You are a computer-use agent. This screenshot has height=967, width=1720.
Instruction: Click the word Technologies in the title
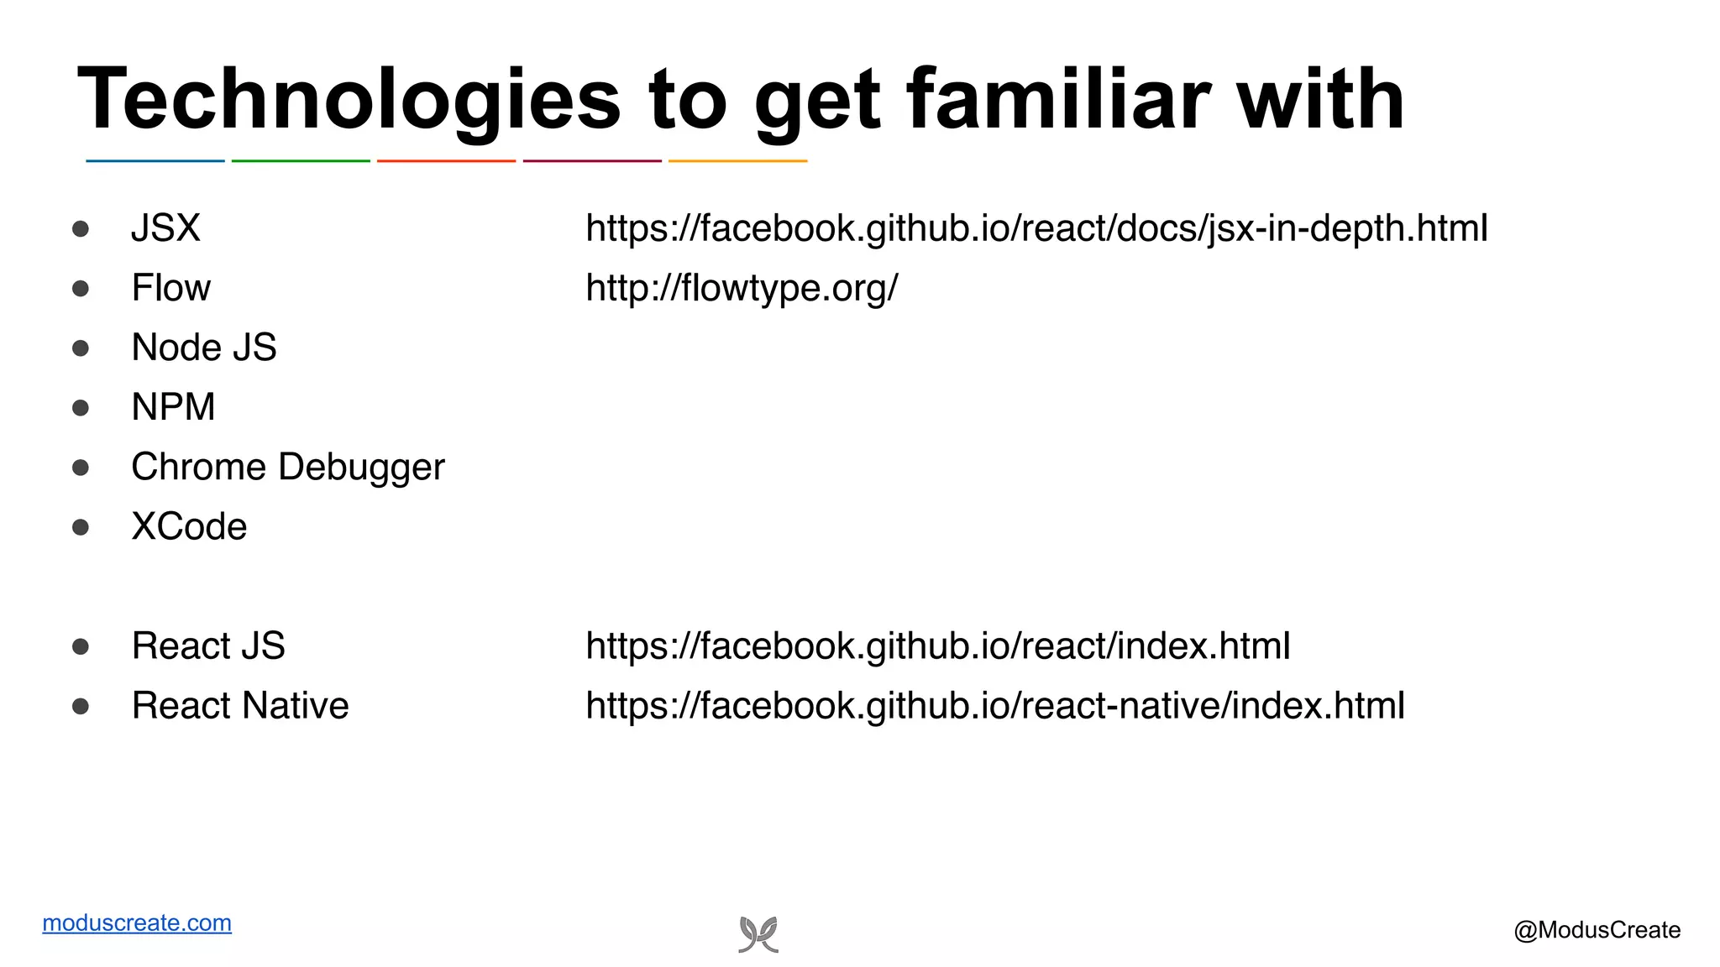(x=349, y=101)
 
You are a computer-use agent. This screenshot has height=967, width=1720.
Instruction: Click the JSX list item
(x=165, y=228)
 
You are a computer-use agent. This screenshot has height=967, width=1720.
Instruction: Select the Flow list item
(x=170, y=288)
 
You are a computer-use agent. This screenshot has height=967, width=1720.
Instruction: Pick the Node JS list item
(x=203, y=348)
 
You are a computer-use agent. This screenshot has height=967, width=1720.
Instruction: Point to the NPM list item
(x=173, y=407)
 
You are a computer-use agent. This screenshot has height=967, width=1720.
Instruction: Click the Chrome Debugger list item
(x=287, y=468)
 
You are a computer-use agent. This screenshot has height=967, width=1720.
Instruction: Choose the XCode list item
(x=189, y=527)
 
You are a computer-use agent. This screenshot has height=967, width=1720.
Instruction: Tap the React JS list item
(x=208, y=646)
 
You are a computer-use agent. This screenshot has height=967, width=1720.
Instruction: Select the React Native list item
(x=239, y=706)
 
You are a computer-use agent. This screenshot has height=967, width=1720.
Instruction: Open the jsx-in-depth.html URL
(x=1036, y=228)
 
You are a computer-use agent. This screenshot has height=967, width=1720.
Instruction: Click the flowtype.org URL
(x=742, y=288)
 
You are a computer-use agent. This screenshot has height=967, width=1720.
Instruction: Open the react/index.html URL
(x=937, y=646)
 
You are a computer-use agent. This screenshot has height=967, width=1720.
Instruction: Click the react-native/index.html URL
(x=994, y=706)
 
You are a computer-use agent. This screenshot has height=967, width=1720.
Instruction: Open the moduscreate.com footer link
(x=137, y=923)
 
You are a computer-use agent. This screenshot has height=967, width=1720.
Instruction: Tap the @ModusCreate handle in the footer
(x=1597, y=930)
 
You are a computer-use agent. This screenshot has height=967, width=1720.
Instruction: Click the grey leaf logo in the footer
(x=758, y=934)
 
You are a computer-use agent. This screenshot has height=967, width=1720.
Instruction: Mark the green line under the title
(x=301, y=160)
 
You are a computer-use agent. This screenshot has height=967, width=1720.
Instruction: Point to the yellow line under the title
(x=737, y=160)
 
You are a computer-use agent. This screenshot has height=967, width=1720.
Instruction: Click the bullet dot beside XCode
(x=81, y=527)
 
